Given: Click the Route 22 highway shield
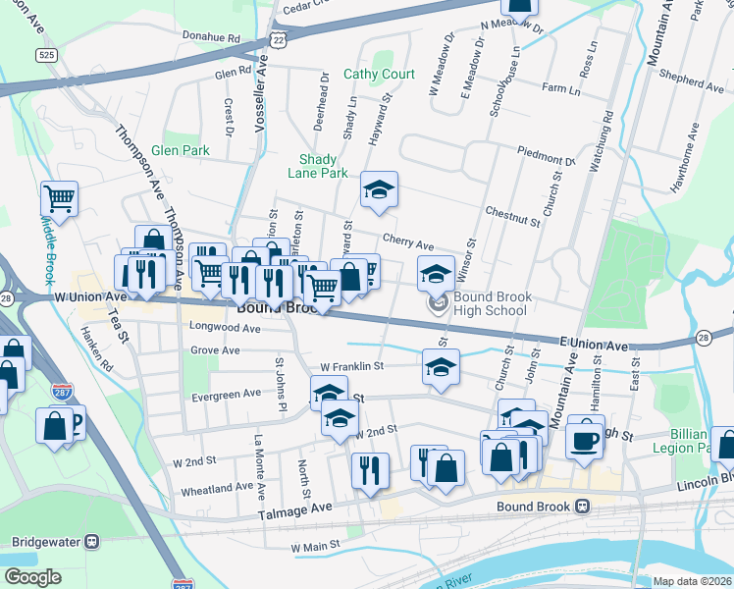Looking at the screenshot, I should click(x=280, y=39).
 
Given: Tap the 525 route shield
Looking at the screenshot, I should click(x=46, y=56).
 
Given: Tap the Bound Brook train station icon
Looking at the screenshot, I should click(x=582, y=507).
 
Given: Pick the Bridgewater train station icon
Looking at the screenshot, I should click(x=93, y=541).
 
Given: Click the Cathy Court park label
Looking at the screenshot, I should click(x=379, y=75).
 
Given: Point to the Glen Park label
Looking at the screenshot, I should click(x=181, y=151).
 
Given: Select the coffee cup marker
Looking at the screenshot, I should click(x=585, y=440).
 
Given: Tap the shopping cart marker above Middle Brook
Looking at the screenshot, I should click(x=59, y=198).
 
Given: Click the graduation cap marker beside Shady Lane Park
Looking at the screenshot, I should click(x=379, y=190).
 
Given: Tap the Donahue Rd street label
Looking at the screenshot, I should click(x=212, y=38).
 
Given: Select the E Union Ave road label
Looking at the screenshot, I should click(x=594, y=346).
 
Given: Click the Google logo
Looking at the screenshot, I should click(x=32, y=577).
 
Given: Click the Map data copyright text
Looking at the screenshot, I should click(x=692, y=581).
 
